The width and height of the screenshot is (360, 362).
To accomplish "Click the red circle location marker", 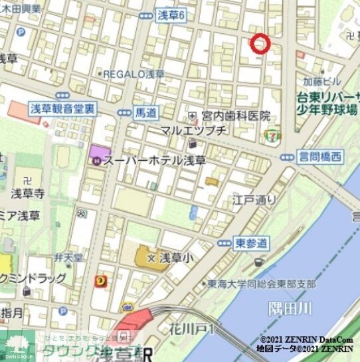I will click(260, 43).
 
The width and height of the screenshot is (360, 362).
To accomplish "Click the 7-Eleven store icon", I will click(270, 136).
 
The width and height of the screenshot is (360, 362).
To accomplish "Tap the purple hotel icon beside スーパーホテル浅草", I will click(97, 160).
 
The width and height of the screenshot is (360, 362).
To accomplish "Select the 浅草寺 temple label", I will click(28, 194).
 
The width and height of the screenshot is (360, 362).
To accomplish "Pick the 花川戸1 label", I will click(199, 328).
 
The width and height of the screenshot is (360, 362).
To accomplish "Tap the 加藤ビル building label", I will click(321, 82).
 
